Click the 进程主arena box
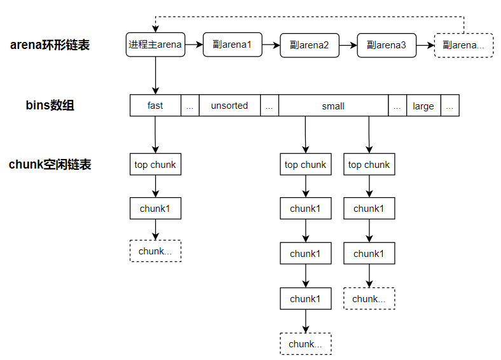pyautogui.click(x=155, y=45)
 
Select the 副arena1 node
pyautogui.click(x=233, y=45)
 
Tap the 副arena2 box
pyautogui.click(x=309, y=45)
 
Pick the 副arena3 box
pyautogui.click(x=386, y=45)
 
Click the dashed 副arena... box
pyautogui.click(x=463, y=45)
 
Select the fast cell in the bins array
pyautogui.click(x=155, y=106)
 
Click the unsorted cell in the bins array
pyautogui.click(x=230, y=106)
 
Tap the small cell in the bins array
pyautogui.click(x=333, y=106)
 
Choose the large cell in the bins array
pyautogui.click(x=423, y=106)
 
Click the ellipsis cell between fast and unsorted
pyautogui.click(x=189, y=106)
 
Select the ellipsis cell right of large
pyautogui.click(x=450, y=106)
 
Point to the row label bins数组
pyautogui.click(x=50, y=106)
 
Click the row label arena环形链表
pyautogui.click(x=50, y=45)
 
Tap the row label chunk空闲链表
pyautogui.click(x=50, y=165)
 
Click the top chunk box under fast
pyautogui.click(x=155, y=165)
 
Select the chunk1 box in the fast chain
pyautogui.click(x=155, y=208)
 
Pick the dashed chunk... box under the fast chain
pyautogui.click(x=155, y=251)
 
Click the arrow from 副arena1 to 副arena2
pyautogui.click(x=271, y=45)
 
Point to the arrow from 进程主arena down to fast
pyautogui.click(x=155, y=76)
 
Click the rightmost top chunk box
pyautogui.click(x=369, y=165)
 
